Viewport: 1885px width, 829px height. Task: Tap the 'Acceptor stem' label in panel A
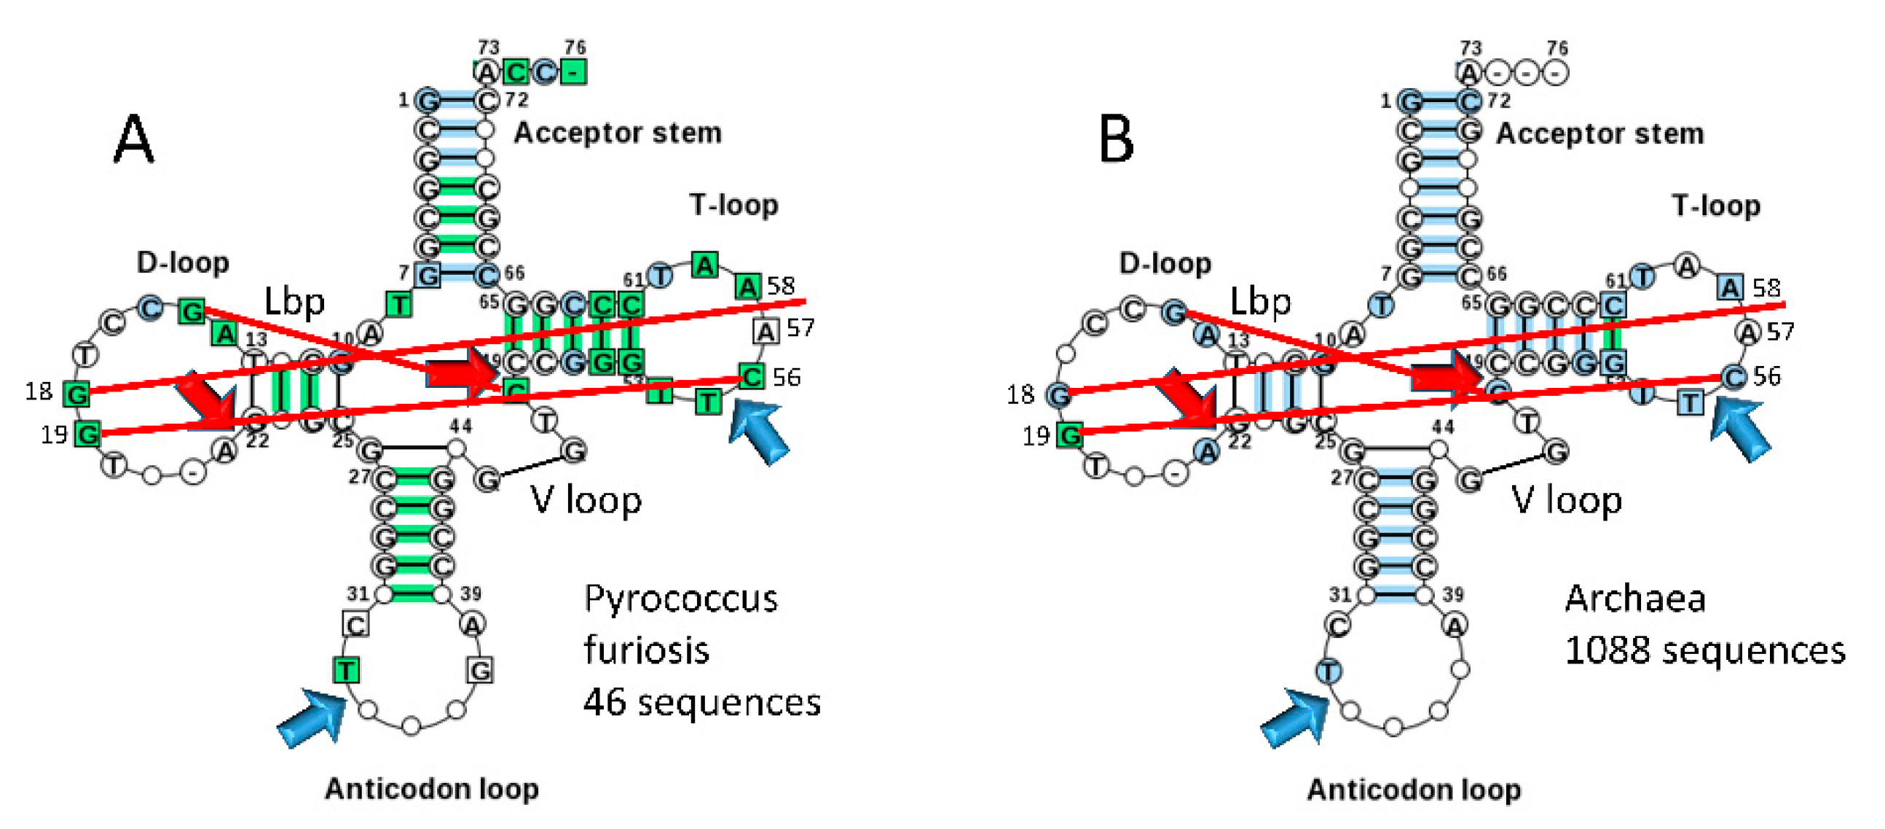[617, 133]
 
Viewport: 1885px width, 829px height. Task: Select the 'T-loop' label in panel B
[1715, 206]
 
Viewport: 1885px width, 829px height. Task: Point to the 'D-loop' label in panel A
[182, 262]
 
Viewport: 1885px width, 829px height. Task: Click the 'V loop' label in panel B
[1566, 500]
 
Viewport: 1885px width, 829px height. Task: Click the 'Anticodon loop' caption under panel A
[432, 789]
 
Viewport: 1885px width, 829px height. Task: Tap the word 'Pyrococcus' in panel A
[680, 599]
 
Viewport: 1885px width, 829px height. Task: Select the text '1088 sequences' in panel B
[1704, 650]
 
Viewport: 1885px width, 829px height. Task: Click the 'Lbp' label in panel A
[294, 301]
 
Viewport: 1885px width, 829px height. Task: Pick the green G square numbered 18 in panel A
[76, 394]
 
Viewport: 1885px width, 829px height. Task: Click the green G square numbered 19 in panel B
[1070, 436]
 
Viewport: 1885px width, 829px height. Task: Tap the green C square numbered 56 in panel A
[752, 376]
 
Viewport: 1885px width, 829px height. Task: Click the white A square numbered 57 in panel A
[766, 332]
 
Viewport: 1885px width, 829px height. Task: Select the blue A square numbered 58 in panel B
[1730, 287]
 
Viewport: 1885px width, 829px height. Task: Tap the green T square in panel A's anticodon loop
[345, 669]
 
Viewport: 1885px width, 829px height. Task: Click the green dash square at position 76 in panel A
[574, 71]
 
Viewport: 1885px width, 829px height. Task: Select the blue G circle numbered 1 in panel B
[1411, 101]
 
